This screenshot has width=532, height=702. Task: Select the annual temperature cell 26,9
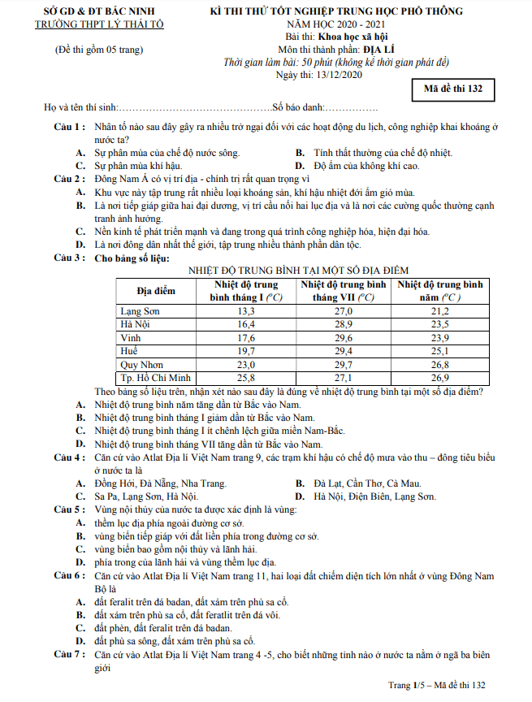coord(439,378)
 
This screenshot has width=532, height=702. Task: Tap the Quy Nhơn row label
coord(141,365)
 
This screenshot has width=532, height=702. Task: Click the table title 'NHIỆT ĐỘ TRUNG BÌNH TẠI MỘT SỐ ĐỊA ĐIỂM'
coord(298,269)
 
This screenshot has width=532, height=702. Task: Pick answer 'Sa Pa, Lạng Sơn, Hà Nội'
coord(146,496)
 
